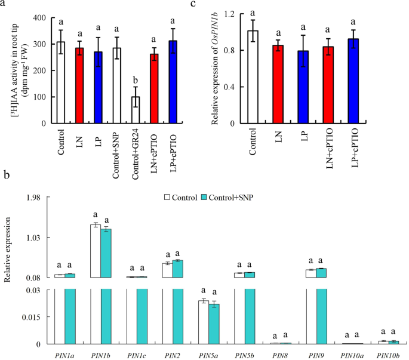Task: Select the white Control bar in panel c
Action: coord(253,77)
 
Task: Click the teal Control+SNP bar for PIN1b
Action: coord(106,253)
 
